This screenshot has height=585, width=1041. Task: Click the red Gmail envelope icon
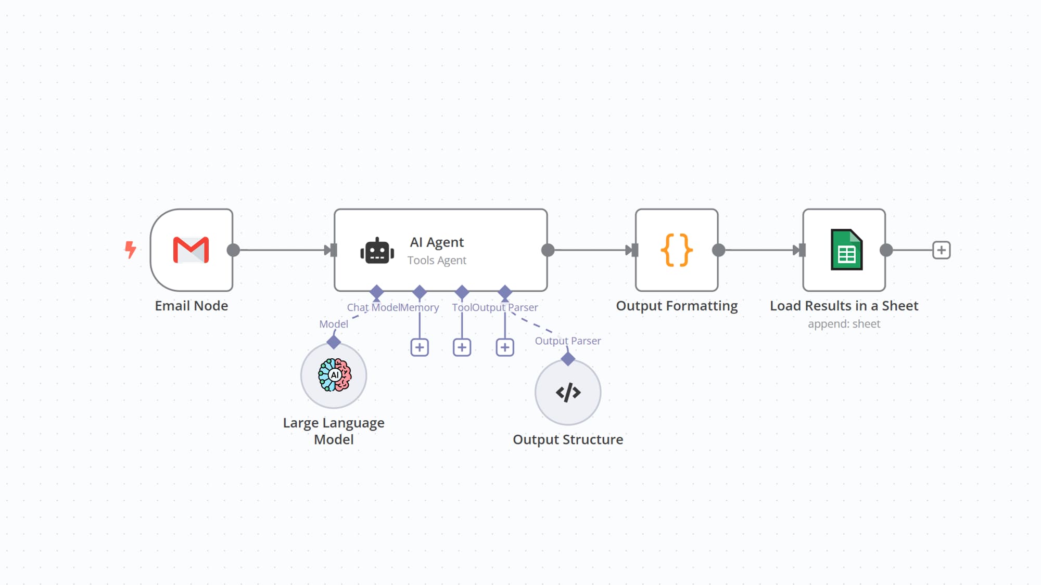coord(191,250)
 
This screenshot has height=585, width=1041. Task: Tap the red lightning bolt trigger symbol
coord(130,250)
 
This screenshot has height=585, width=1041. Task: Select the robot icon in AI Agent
coord(377,251)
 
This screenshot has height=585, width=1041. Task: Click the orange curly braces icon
coord(676,250)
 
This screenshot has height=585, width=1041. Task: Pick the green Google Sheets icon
coord(846,250)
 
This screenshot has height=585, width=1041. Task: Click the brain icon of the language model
coord(334,375)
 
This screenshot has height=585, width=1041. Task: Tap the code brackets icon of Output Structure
coord(568,393)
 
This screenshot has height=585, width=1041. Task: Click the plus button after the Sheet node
coord(941,250)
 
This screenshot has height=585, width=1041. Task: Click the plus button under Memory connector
coord(420,347)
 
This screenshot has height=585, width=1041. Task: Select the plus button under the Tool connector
coord(462,347)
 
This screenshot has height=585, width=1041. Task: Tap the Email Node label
coord(191,306)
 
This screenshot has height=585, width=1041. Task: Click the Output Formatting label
coord(677,306)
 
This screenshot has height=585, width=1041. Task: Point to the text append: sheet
coord(844,324)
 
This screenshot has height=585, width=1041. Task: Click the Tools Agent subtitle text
coord(437,260)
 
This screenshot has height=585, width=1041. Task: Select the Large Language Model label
coord(334,431)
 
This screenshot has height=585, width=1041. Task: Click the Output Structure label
coord(568,439)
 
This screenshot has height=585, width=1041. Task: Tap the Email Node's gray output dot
coord(233,250)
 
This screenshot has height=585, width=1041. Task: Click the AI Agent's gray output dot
coord(548,250)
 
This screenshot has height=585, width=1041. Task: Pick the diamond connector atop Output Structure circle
coord(568,359)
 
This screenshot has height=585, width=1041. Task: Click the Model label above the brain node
coord(333,324)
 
